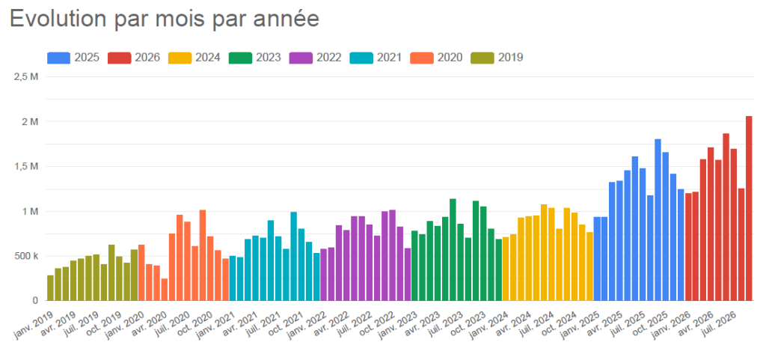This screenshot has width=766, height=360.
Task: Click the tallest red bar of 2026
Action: (749, 208)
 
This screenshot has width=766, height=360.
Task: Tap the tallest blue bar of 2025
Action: (658, 220)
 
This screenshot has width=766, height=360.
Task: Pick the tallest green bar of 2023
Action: (453, 250)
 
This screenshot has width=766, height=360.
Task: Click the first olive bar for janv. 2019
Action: (50, 287)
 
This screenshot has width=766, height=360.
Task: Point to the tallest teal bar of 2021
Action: (293, 256)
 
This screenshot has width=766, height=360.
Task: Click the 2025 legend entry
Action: (73, 58)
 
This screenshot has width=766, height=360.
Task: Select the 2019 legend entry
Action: (497, 58)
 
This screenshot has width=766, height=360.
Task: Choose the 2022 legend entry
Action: (315, 58)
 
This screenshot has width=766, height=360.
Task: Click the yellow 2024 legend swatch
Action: (180, 58)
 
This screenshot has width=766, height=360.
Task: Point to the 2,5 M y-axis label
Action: (27, 76)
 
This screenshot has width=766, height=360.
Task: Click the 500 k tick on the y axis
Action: (27, 256)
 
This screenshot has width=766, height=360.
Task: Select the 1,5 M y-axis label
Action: (27, 167)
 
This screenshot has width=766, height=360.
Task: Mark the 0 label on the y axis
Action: (35, 301)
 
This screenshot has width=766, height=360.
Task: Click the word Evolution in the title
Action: (58, 19)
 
